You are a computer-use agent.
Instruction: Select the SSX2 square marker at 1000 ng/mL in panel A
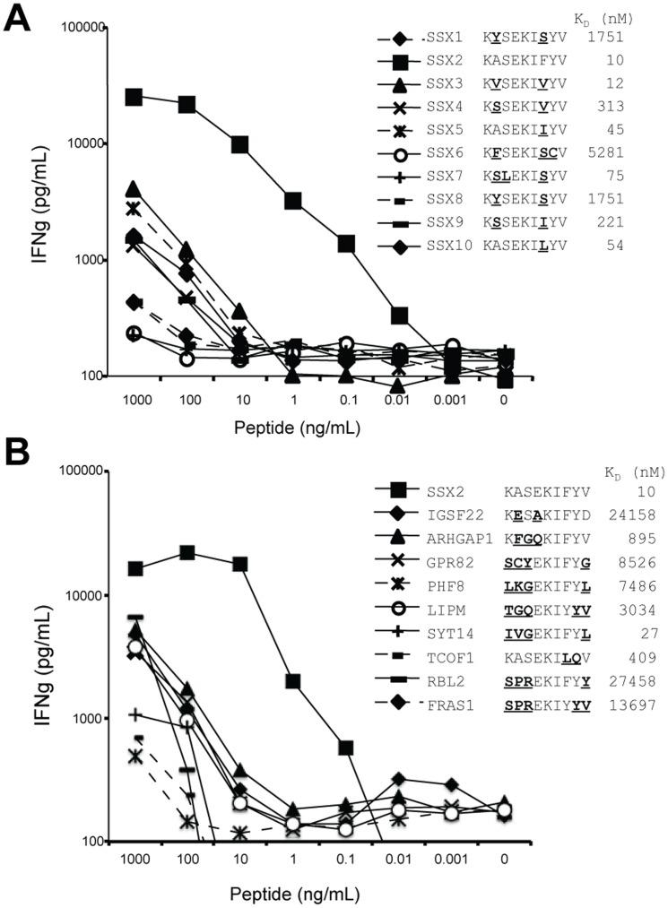tap(134, 97)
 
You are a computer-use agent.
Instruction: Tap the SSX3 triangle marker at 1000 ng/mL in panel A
tap(134, 189)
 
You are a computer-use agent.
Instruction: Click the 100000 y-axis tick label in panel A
tap(70, 28)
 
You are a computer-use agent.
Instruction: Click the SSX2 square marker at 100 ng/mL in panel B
tap(187, 552)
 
